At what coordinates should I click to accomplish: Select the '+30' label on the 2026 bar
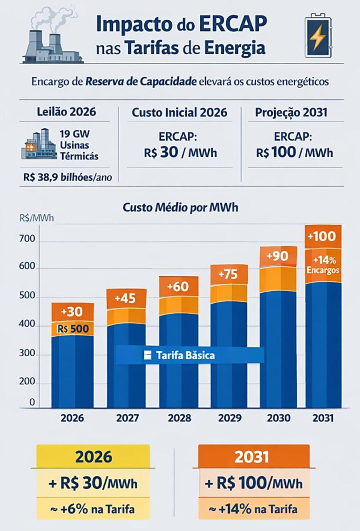pyautogui.click(x=72, y=312)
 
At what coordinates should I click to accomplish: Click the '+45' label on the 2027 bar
pyautogui.click(x=125, y=298)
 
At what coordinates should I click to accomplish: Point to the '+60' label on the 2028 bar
pyautogui.click(x=178, y=287)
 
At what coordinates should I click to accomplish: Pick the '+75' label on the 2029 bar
pyautogui.click(x=228, y=274)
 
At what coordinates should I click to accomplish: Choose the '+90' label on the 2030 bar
pyautogui.click(x=277, y=256)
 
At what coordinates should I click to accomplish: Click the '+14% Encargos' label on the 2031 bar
pyautogui.click(x=323, y=265)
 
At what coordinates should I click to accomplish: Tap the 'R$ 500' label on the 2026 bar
pyautogui.click(x=73, y=329)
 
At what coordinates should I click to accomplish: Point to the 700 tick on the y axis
pyautogui.click(x=27, y=239)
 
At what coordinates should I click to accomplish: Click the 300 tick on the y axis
pyautogui.click(x=27, y=354)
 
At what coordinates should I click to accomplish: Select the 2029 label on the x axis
pyautogui.click(x=230, y=418)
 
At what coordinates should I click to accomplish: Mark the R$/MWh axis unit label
pyautogui.click(x=37, y=218)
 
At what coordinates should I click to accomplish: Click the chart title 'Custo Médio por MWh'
pyautogui.click(x=181, y=208)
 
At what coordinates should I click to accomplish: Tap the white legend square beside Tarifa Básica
pyautogui.click(x=147, y=355)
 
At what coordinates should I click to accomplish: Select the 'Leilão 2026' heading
pyautogui.click(x=67, y=112)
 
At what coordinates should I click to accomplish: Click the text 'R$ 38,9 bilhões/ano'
pyautogui.click(x=68, y=177)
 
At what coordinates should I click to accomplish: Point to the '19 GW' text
pyautogui.click(x=75, y=134)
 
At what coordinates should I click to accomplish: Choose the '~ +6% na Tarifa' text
pyautogui.click(x=93, y=509)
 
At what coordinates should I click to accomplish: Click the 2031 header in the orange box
pyautogui.click(x=252, y=457)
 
